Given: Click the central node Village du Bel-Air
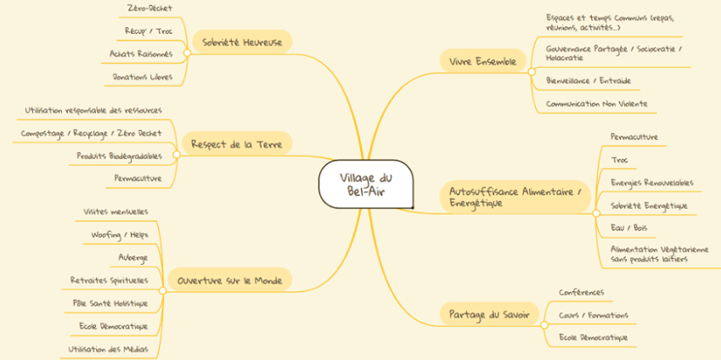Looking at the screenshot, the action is [366, 184].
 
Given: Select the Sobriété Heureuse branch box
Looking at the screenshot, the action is [242, 42].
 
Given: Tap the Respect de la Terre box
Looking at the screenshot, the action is [237, 144].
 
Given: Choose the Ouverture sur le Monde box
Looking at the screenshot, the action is [230, 280].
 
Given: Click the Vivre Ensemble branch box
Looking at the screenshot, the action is [483, 60].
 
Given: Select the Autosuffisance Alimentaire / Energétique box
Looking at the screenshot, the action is [515, 196].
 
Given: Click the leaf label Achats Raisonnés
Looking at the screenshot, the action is [141, 53].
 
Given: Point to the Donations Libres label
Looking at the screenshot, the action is [143, 77].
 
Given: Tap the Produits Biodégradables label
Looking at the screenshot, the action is [119, 156].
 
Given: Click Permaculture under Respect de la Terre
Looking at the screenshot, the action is [138, 178].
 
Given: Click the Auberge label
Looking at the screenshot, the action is [132, 258].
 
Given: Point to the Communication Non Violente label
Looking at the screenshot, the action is [597, 104].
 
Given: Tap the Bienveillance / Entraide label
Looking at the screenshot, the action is [589, 81].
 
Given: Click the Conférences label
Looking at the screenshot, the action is [581, 292].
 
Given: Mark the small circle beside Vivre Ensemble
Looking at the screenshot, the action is [532, 72].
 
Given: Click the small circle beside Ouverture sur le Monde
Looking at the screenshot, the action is [162, 291].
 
